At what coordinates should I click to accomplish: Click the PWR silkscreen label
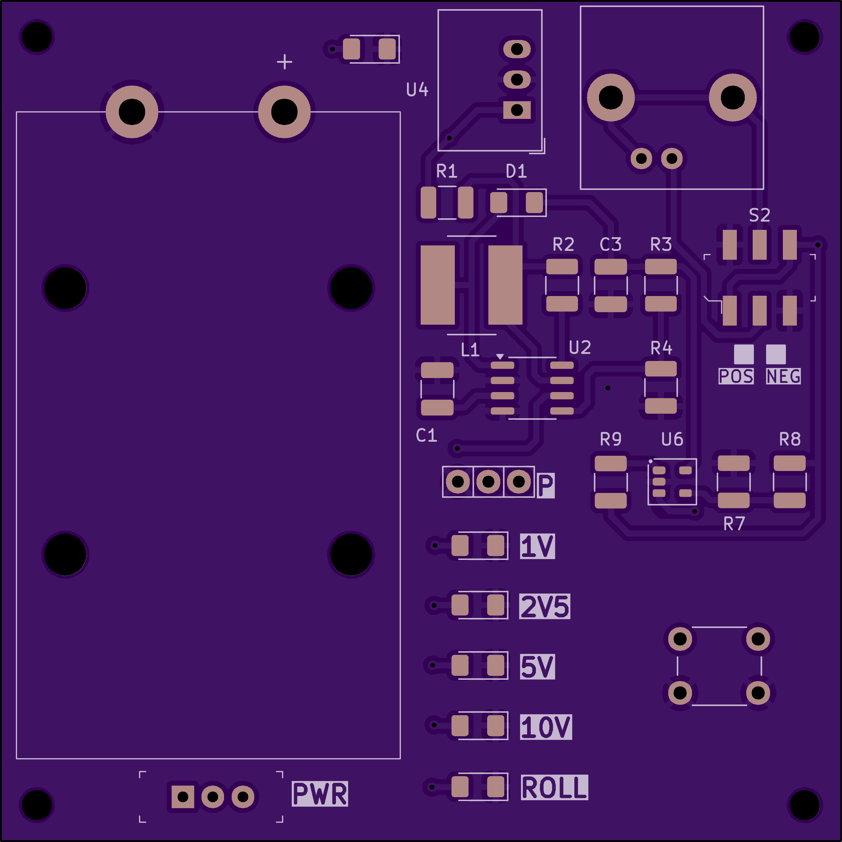click(320, 794)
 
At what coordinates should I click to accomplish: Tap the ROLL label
click(554, 787)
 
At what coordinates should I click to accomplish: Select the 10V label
click(546, 727)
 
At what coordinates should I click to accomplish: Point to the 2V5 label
click(545, 606)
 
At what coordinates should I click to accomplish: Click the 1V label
click(537, 546)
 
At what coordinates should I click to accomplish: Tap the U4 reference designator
click(417, 90)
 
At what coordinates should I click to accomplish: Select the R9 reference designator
click(611, 439)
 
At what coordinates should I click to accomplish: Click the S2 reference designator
click(760, 215)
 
